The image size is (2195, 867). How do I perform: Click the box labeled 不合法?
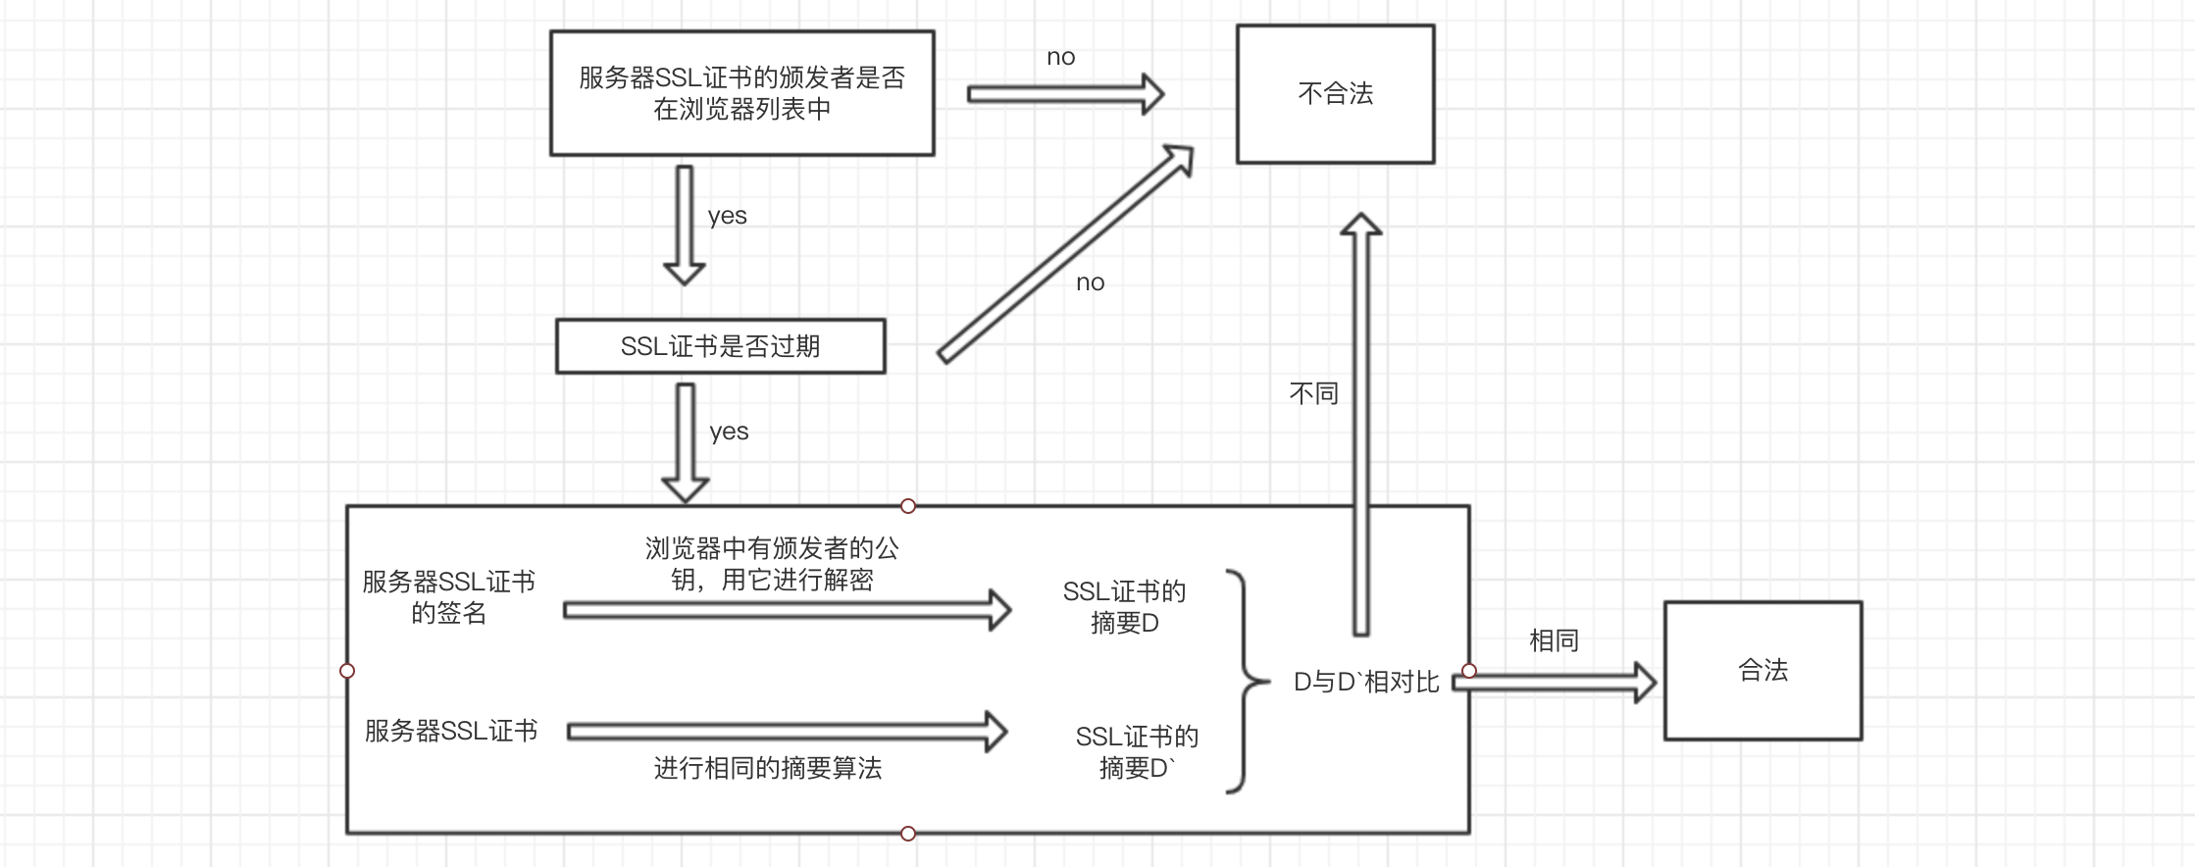point(1335,94)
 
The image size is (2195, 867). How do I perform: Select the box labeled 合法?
point(1762,671)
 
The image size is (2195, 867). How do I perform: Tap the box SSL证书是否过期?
point(720,346)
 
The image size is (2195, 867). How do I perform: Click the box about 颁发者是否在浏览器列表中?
point(741,93)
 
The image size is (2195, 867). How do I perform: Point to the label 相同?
point(1554,641)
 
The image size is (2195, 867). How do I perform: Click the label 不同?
point(1313,394)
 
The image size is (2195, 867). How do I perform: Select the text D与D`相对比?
point(1366,683)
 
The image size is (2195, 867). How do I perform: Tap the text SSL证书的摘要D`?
point(1137,752)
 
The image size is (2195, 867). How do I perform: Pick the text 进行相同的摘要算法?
point(768,768)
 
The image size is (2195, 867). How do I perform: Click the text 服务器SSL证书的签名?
point(448,597)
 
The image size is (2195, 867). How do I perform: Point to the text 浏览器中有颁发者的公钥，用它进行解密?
point(772,564)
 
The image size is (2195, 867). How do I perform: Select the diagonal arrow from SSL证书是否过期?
point(1064,255)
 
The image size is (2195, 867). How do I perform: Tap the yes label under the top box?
point(727,216)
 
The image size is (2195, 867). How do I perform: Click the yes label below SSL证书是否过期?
point(729,432)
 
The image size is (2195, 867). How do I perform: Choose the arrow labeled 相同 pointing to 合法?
point(1554,683)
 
